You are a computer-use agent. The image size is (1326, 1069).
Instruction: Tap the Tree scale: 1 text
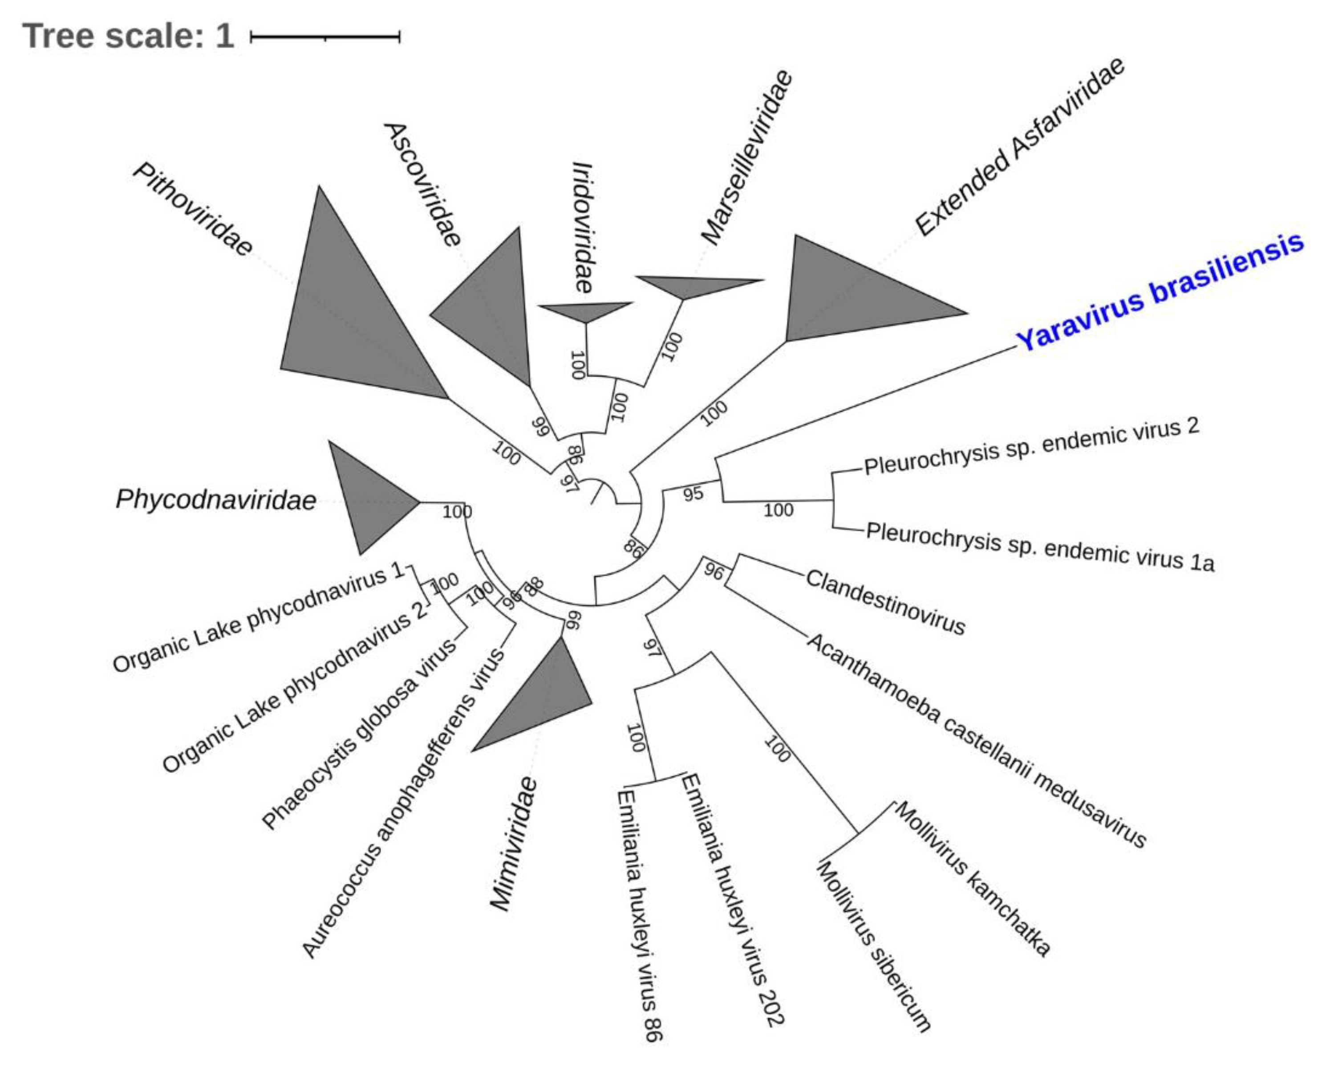pyautogui.click(x=128, y=36)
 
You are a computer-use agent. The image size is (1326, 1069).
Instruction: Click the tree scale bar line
pyautogui.click(x=325, y=37)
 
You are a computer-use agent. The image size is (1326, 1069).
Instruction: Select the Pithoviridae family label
pyautogui.click(x=192, y=209)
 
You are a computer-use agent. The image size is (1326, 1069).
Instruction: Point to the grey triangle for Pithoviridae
pyautogui.click(x=345, y=308)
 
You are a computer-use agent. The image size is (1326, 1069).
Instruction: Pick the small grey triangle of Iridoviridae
pyautogui.click(x=584, y=310)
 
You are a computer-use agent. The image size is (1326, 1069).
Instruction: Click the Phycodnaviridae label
pyautogui.click(x=216, y=499)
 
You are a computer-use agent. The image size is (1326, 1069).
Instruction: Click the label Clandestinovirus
pyautogui.click(x=885, y=602)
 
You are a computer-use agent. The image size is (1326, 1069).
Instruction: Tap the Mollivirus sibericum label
pyautogui.click(x=874, y=945)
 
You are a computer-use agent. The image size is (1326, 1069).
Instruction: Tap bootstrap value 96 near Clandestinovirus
pyautogui.click(x=714, y=571)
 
